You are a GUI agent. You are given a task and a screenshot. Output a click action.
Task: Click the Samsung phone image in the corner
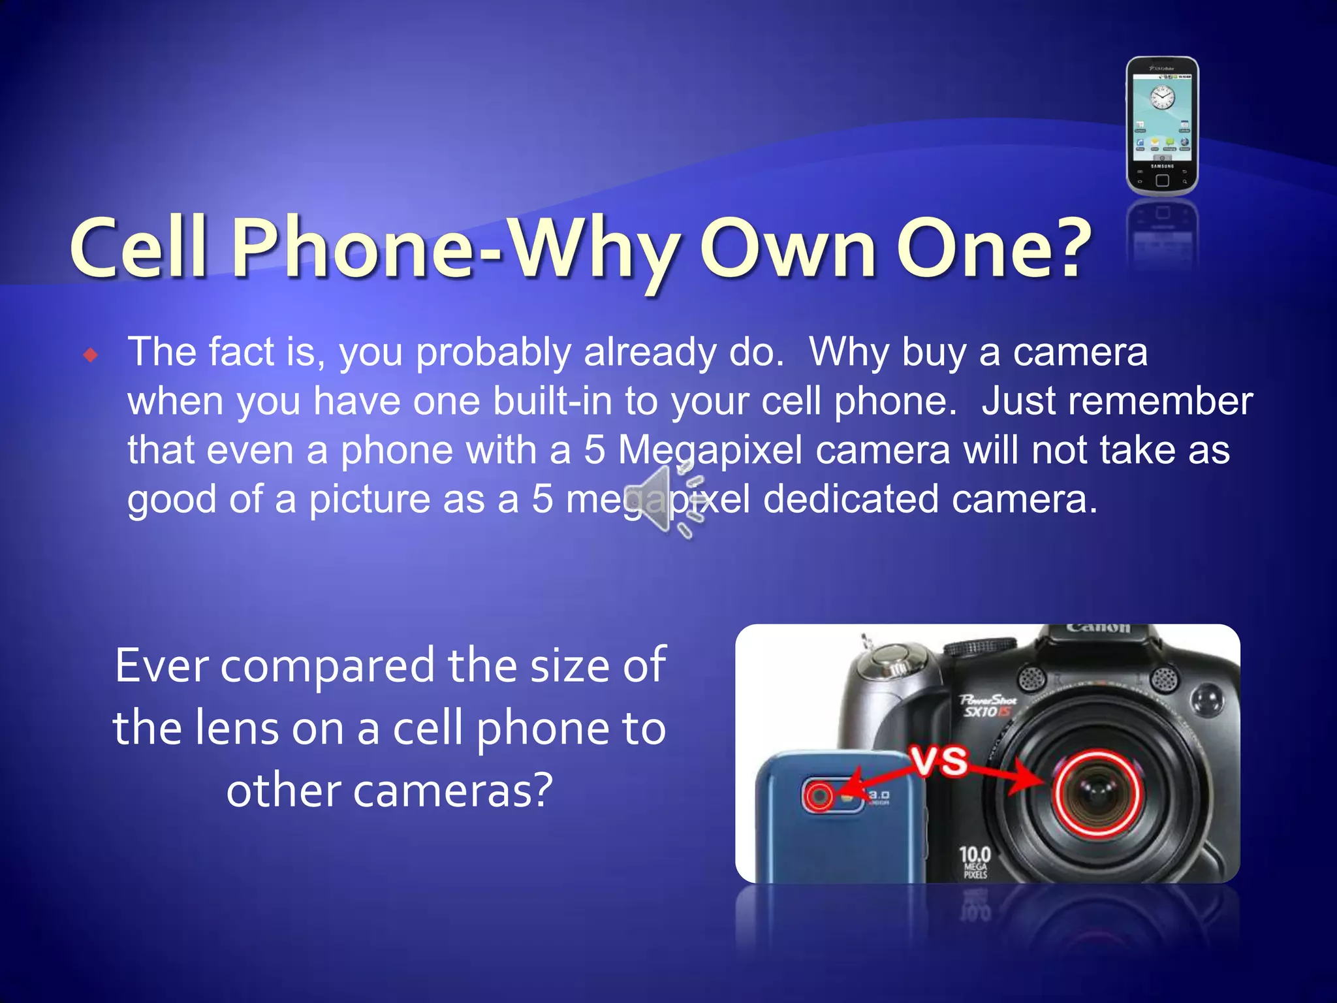coord(1162,126)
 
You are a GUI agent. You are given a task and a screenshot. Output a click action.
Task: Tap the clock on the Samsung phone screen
coord(1162,99)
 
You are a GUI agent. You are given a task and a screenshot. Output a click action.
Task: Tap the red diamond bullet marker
coord(91,355)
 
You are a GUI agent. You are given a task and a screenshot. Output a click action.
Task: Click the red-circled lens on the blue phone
coord(819,796)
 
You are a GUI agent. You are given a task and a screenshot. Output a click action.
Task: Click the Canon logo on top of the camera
coord(1098,629)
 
